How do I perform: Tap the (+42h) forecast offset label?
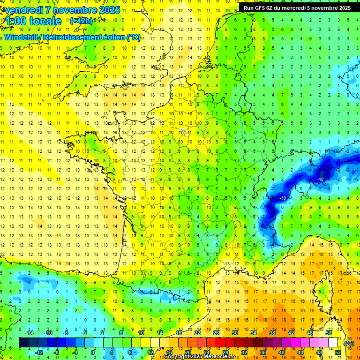81,21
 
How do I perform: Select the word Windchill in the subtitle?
22,37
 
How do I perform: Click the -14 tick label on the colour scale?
29,333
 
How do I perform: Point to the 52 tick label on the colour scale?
338,352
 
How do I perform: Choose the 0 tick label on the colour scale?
93,352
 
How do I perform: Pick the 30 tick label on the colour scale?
235,333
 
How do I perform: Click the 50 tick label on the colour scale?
329,333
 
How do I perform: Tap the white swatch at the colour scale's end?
333,343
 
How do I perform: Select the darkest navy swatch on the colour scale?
23,343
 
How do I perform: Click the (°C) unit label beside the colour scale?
349,343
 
